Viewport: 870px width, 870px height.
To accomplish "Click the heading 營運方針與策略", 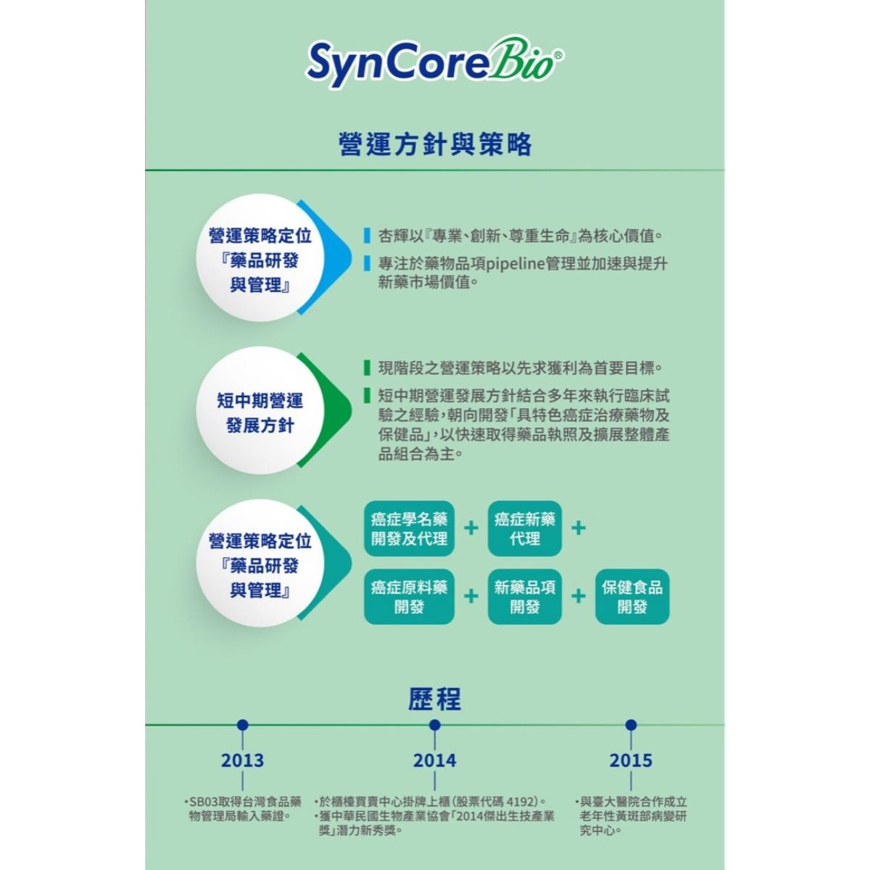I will pyautogui.click(x=435, y=144).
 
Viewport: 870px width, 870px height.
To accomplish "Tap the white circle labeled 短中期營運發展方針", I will pyautogui.click(x=260, y=413).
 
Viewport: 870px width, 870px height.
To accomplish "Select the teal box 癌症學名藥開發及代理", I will pyautogui.click(x=409, y=529).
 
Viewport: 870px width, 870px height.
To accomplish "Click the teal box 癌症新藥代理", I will pyautogui.click(x=525, y=529).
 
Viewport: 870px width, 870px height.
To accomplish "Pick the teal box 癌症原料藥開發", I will pyautogui.click(x=409, y=597).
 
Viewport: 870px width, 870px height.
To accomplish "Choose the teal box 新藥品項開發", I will pyautogui.click(x=525, y=597).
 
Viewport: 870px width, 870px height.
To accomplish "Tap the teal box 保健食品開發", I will pyautogui.click(x=632, y=597).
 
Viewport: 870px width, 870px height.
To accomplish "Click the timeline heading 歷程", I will pyautogui.click(x=434, y=700).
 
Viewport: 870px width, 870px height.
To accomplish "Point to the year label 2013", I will pyautogui.click(x=242, y=761).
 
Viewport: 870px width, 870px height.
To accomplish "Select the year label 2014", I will pyautogui.click(x=434, y=761).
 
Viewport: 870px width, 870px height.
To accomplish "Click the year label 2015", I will pyautogui.click(x=631, y=761).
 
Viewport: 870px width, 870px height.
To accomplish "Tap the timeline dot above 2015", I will pyautogui.click(x=631, y=724).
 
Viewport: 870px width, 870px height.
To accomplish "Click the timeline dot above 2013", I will pyautogui.click(x=242, y=724).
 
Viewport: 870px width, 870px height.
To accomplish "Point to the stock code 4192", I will pyautogui.click(x=521, y=802).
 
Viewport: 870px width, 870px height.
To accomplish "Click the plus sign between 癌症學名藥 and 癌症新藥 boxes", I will pyautogui.click(x=471, y=527).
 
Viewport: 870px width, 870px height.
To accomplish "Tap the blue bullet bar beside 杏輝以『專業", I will pyautogui.click(x=368, y=236).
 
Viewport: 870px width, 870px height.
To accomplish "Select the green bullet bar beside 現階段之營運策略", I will pyautogui.click(x=368, y=368).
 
